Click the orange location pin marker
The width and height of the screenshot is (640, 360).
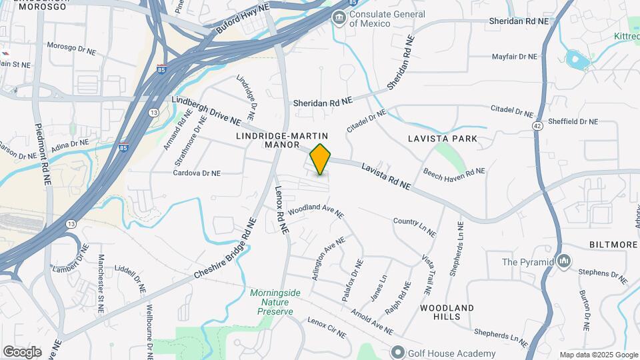tap(321, 159)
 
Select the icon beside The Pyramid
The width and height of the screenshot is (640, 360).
tap(565, 261)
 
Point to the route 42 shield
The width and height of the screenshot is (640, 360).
tap(538, 124)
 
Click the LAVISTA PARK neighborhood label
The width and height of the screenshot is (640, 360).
tap(443, 139)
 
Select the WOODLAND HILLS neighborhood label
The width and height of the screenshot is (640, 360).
tap(447, 312)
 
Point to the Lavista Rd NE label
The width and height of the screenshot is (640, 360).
tap(387, 177)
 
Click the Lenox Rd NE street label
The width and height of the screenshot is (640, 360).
tap(281, 208)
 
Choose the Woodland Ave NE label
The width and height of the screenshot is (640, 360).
tap(316, 211)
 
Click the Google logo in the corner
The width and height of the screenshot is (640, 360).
tap(22, 351)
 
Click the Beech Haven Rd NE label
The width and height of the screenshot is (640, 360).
tap(454, 172)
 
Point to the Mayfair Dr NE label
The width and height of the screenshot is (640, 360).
tap(514, 57)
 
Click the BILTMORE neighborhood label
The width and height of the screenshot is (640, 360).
tap(613, 245)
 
